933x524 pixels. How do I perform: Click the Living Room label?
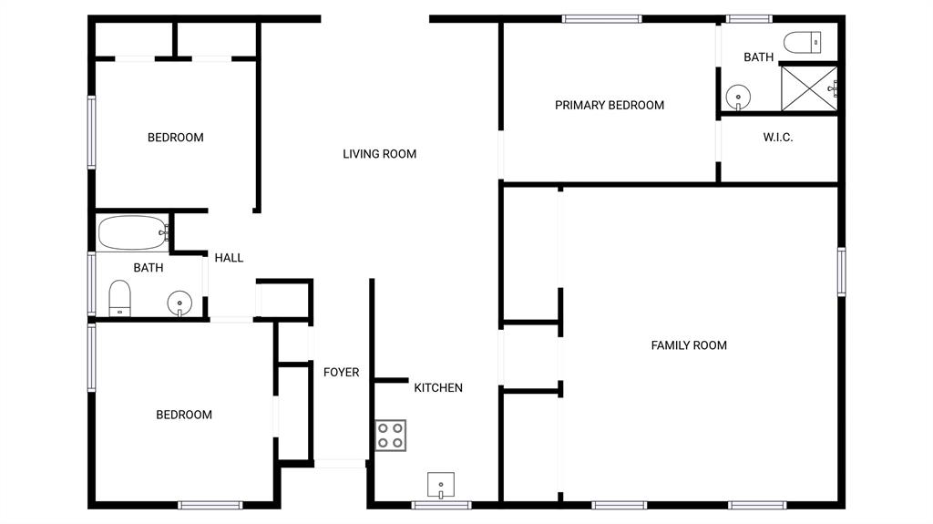[x=379, y=154]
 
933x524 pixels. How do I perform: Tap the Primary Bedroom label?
[x=610, y=105]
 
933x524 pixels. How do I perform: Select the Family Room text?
[x=689, y=345]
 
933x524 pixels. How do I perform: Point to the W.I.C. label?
[x=778, y=138]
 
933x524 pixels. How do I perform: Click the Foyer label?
[x=341, y=372]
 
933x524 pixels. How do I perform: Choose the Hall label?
[x=229, y=258]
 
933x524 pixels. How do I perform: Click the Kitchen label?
[x=438, y=387]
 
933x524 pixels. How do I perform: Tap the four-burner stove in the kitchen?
[x=391, y=435]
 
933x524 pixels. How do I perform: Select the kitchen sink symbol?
[x=441, y=485]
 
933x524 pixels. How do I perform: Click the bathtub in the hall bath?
[x=133, y=232]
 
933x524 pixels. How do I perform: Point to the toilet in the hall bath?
[x=119, y=298]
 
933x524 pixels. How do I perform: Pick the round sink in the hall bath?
[x=179, y=303]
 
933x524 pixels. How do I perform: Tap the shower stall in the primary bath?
[x=808, y=88]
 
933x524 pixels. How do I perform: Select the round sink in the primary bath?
[x=738, y=96]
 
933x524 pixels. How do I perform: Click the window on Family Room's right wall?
[x=842, y=272]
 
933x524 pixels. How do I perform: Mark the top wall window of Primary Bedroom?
[x=601, y=18]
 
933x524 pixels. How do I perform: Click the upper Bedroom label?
[x=176, y=138]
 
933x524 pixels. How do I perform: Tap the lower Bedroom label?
[x=184, y=415]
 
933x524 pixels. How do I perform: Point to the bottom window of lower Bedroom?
[x=210, y=505]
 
